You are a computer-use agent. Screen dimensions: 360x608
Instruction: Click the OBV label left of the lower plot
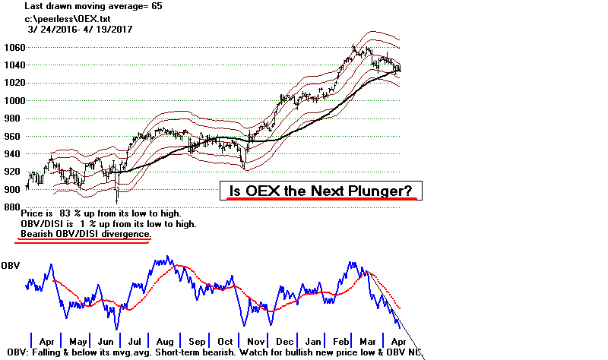pyautogui.click(x=10, y=265)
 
